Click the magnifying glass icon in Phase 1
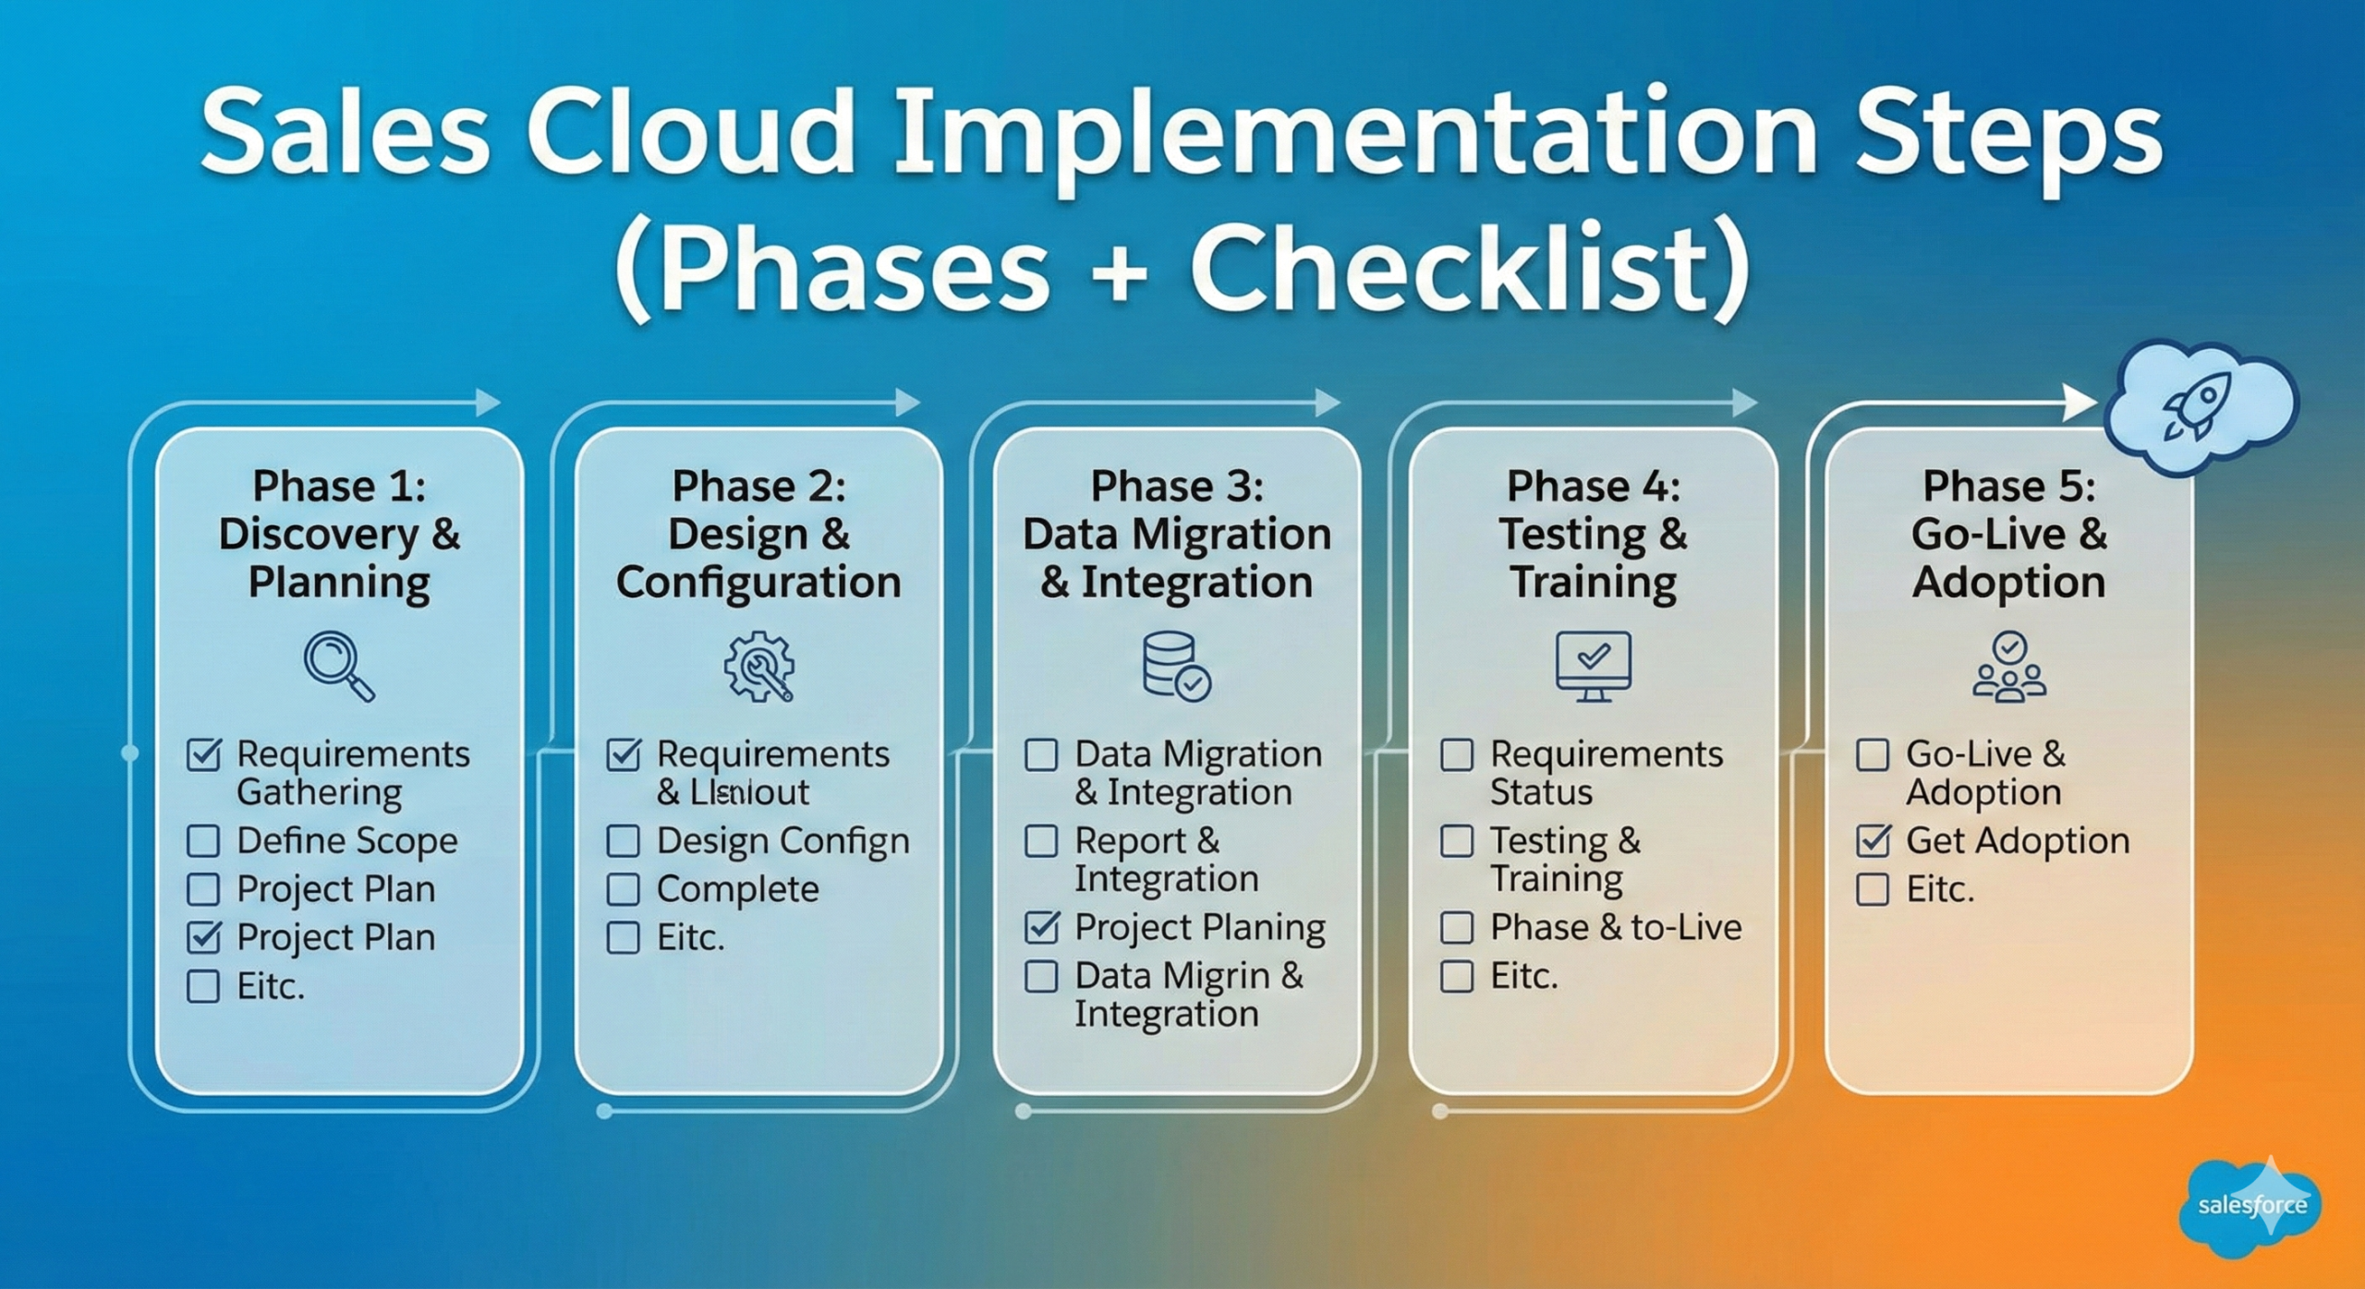pos(338,665)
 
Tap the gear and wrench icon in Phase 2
pos(758,666)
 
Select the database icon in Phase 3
pos(1175,666)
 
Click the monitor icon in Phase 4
pos(1593,665)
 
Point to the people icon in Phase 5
pos(2009,666)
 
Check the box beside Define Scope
pos(203,840)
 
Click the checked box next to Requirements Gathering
pos(203,754)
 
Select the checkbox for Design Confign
pos(623,840)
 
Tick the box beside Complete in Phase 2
pos(623,889)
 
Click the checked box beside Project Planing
pos(1041,927)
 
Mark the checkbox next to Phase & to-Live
pos(1457,927)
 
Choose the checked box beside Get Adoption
pos(1873,840)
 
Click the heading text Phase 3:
pos(1176,486)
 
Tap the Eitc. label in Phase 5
pos(1939,889)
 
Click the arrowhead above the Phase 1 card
pos(487,403)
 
